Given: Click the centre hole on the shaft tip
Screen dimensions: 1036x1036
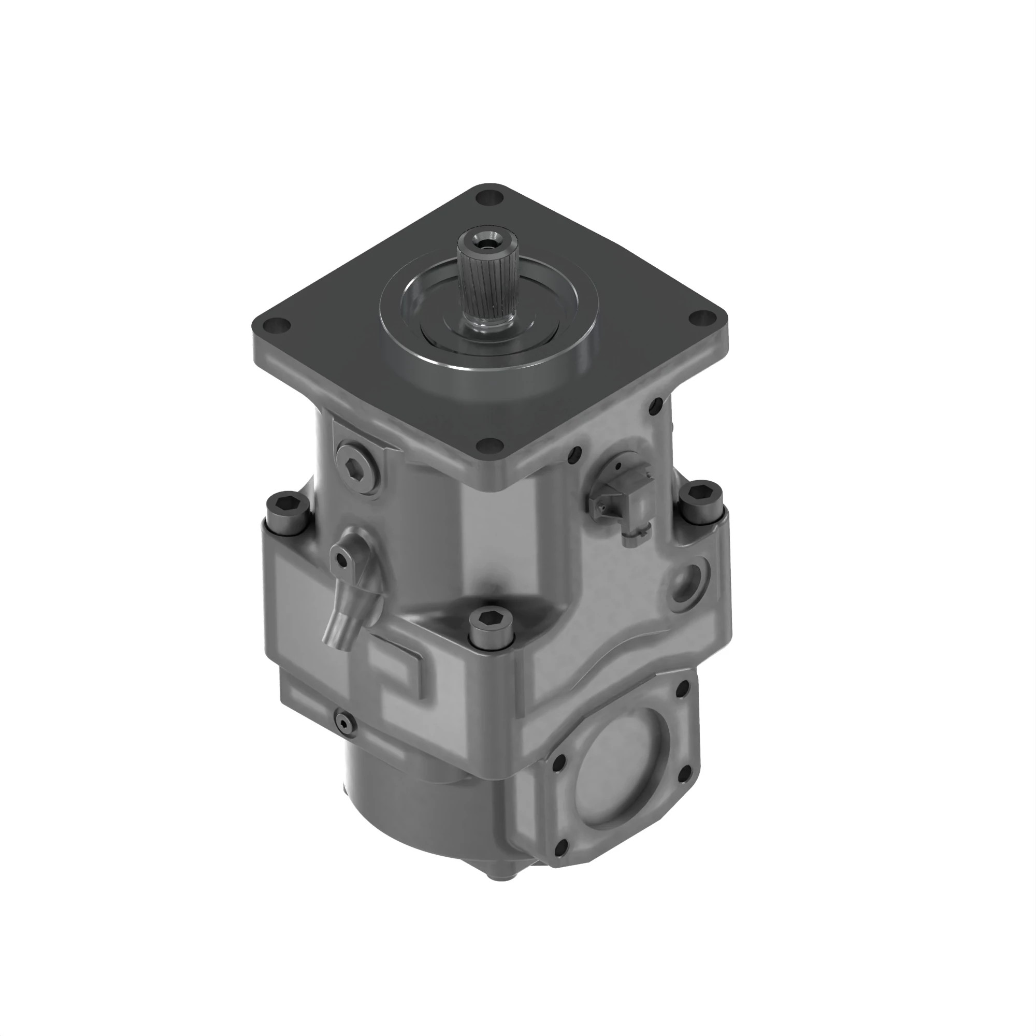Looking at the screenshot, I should tap(487, 242).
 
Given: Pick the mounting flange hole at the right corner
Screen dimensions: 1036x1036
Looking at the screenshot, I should tap(700, 318).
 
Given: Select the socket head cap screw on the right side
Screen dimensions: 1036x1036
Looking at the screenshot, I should tap(701, 503).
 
